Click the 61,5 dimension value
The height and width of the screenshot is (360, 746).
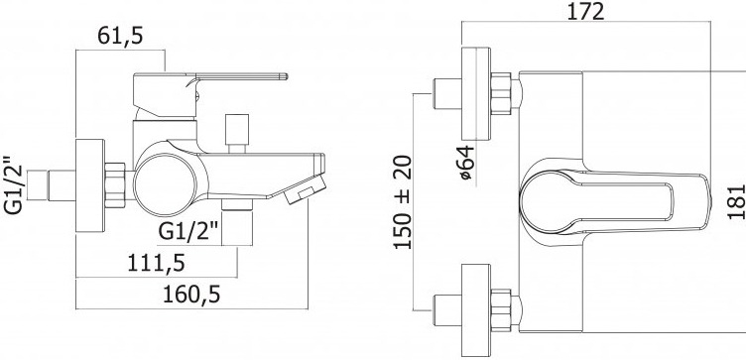[x=120, y=36]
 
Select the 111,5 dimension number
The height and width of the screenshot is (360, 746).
[x=156, y=263]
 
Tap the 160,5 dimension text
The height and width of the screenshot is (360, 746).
[x=191, y=295]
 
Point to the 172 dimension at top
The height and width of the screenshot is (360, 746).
[x=585, y=11]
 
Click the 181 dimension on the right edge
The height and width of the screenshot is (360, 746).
[x=736, y=201]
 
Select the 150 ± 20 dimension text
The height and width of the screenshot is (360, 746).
[x=403, y=201]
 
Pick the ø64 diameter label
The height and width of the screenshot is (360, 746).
[x=466, y=163]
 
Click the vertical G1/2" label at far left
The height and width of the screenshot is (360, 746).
[x=13, y=185]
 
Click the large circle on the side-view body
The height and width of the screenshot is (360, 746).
[x=165, y=185]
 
